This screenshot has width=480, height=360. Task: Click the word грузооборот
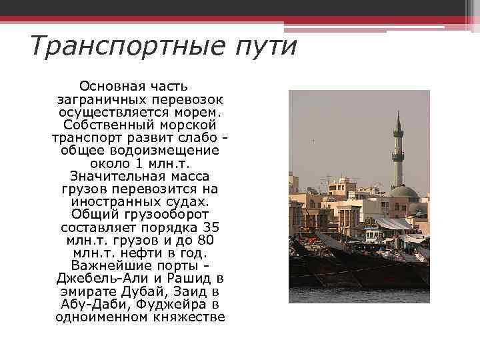(161, 214)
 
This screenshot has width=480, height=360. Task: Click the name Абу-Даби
(90, 304)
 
